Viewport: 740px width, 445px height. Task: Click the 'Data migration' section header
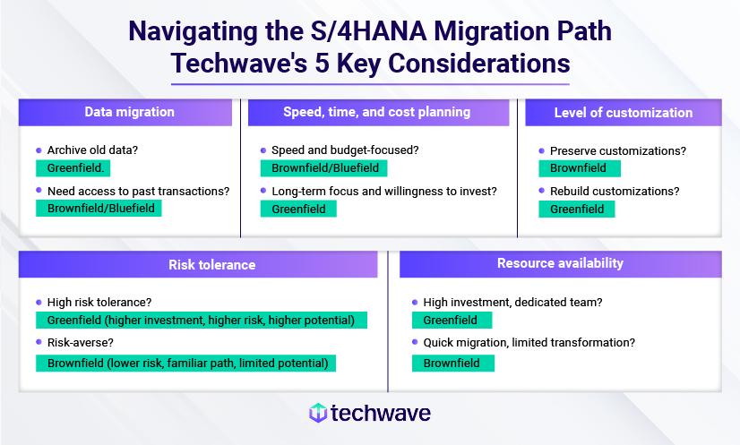129,112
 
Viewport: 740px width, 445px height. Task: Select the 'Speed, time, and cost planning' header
376,112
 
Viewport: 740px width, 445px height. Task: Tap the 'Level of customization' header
623,112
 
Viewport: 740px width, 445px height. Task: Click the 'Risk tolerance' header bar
211,264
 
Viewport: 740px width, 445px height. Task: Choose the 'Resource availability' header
560,263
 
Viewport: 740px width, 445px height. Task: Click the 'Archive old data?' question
92,150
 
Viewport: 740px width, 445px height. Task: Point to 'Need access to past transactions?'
137,190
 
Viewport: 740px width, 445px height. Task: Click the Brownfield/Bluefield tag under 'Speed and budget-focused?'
323,167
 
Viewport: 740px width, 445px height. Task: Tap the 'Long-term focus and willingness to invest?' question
383,191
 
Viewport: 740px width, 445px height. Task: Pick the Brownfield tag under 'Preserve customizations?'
578,167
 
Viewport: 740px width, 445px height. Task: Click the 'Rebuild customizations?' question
614,191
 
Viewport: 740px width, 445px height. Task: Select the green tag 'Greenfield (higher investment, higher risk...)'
201,320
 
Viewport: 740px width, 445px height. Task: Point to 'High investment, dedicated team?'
512,303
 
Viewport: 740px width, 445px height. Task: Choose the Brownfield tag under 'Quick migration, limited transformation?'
452,363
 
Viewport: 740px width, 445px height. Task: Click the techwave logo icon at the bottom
317,413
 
